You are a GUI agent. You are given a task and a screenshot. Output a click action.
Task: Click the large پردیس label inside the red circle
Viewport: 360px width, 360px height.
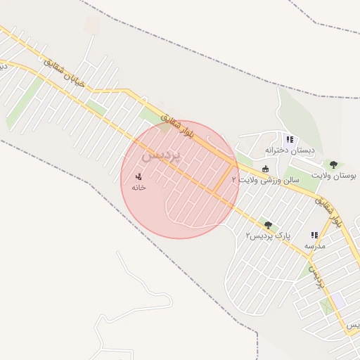point(162,154)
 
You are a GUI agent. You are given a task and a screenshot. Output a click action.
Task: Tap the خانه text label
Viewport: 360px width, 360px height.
point(139,188)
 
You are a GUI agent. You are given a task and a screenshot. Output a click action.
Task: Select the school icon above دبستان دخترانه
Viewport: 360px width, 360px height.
point(290,140)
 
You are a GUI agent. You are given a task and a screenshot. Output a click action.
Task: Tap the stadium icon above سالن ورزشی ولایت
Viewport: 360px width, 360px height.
point(265,169)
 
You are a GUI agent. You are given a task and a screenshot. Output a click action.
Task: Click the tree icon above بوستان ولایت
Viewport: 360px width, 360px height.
point(333,165)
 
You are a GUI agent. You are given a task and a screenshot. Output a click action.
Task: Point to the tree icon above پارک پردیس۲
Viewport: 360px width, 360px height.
point(267,224)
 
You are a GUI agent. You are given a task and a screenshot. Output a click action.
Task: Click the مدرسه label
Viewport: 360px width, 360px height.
point(314,247)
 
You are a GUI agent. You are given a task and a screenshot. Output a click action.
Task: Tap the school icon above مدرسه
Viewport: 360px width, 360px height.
point(314,236)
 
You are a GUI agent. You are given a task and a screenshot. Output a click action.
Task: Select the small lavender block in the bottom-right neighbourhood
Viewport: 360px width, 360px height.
point(340,300)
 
